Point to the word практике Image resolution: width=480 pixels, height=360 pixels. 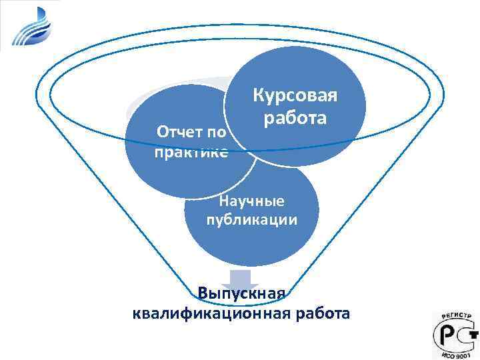coord(191,153)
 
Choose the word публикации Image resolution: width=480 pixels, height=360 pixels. coord(252,220)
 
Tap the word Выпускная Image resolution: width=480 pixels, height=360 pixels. coord(241,293)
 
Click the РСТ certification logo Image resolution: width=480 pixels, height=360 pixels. coord(455,333)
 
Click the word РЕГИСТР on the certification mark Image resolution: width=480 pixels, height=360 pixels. coord(455,317)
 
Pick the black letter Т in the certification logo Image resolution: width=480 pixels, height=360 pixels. coord(469,333)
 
